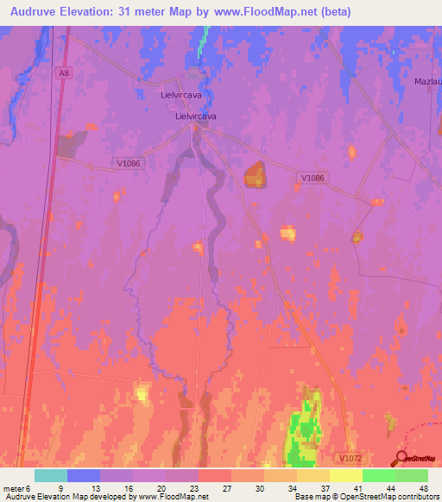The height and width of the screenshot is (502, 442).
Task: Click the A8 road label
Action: (63, 73)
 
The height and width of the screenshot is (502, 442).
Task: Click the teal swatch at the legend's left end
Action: (51, 475)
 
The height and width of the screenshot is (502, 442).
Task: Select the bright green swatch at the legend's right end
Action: (411, 475)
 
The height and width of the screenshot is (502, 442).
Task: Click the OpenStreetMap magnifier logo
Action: (403, 458)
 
